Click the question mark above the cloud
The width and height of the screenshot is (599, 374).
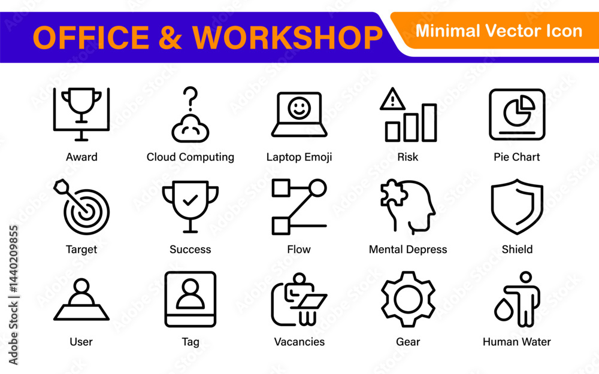point(190,98)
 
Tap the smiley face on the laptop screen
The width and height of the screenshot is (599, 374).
point(299,108)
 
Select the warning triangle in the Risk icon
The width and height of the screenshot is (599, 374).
point(392,99)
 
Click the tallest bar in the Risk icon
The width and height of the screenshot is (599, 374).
point(429,123)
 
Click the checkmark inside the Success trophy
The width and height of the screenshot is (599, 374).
point(190,200)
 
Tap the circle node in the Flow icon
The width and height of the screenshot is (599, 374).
point(317,188)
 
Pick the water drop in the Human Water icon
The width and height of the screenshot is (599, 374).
point(504,309)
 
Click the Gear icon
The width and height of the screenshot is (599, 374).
point(408,299)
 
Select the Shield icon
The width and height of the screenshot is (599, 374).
point(517,206)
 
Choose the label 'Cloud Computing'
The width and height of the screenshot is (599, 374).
point(190,157)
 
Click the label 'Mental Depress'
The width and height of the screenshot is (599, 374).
point(408,250)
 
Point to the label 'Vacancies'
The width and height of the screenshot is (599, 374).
point(299,342)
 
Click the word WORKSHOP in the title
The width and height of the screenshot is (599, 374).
point(288,38)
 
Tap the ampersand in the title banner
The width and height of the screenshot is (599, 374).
point(170,38)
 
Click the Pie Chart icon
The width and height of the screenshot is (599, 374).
point(517,114)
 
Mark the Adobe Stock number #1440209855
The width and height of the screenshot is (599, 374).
point(14,259)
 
